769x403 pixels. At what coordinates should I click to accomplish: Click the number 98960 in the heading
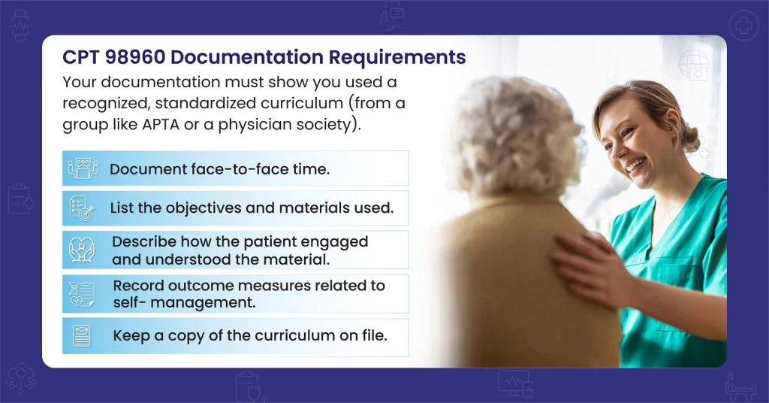coord(135,57)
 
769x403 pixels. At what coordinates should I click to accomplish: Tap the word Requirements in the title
coord(397,58)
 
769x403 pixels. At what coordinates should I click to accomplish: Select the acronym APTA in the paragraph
coord(161,124)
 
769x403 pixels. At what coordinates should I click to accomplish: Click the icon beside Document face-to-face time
coord(83,168)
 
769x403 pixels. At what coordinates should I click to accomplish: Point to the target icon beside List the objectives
coord(82,208)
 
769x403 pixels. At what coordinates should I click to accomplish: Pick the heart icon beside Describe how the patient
coord(81,250)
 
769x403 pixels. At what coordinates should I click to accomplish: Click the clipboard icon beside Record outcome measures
coord(83,294)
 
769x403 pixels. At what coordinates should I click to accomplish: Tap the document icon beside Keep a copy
coord(82,336)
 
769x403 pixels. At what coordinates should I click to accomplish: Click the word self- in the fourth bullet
coord(129,302)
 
